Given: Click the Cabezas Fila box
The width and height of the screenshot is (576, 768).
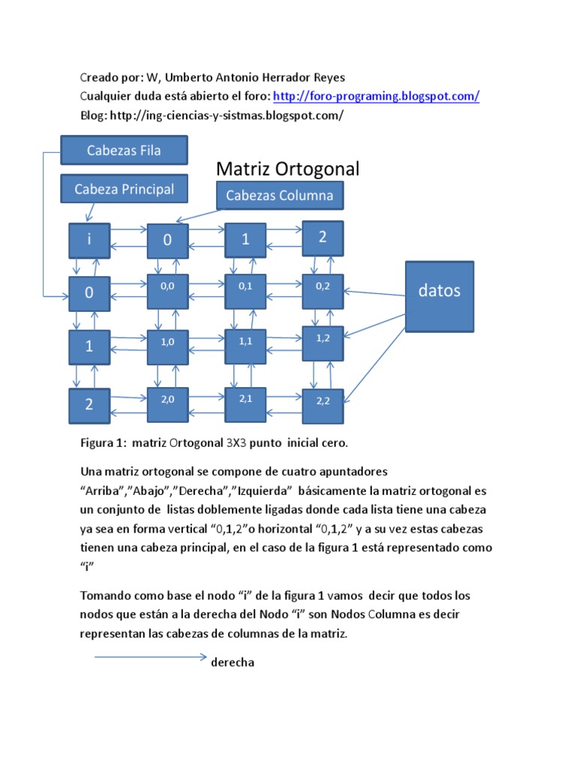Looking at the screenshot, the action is tap(124, 150).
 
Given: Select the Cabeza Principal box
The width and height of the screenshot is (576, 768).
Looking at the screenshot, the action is tap(124, 190).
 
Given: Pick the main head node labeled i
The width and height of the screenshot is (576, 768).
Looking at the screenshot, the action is tap(89, 241).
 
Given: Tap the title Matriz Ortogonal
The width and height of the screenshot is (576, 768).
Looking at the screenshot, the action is tap(288, 169).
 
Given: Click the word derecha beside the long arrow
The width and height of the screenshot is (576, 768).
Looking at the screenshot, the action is tap(232, 663).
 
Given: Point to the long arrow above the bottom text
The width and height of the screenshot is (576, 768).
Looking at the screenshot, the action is tap(150, 657).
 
